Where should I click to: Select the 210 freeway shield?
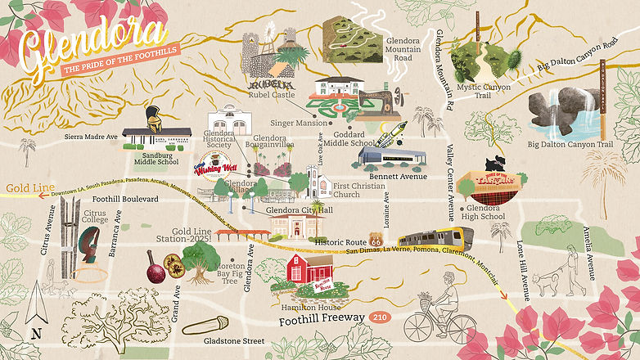click(379, 317)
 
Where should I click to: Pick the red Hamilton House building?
click(309, 273)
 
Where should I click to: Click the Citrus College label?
click(96, 218)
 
